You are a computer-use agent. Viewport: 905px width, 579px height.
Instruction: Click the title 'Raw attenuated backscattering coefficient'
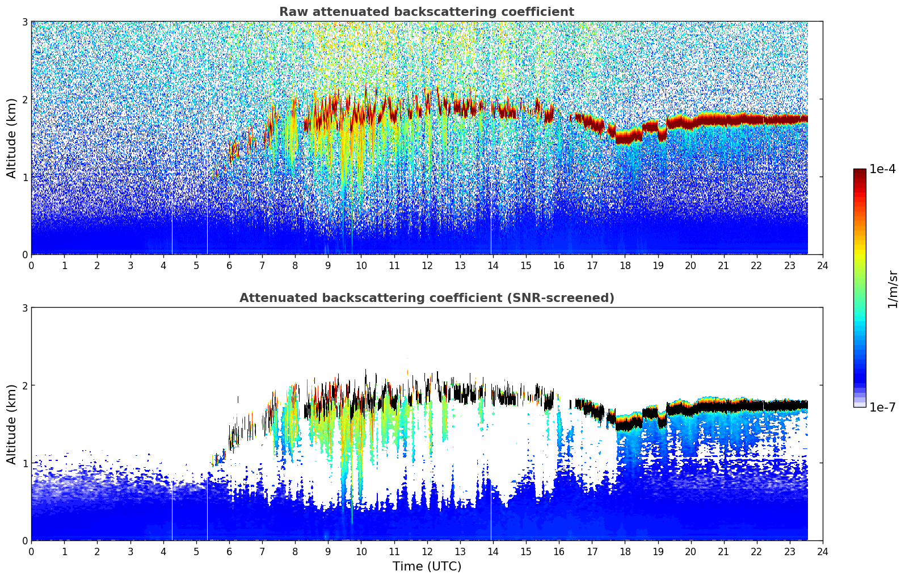pos(426,12)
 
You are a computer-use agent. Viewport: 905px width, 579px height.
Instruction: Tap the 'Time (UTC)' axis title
pos(427,566)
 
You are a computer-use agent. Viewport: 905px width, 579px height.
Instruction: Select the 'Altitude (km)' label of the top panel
pos(11,138)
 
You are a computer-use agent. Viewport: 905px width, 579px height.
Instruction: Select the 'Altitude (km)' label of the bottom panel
pos(11,424)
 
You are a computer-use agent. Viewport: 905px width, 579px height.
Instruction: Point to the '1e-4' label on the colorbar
pos(882,169)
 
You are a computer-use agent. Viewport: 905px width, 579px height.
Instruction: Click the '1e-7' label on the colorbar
pos(882,407)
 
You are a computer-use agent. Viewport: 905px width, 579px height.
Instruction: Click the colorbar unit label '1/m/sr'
pos(893,289)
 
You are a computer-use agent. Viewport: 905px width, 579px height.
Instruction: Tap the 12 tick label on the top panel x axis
pos(427,265)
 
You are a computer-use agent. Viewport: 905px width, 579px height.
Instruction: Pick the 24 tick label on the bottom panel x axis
pos(823,551)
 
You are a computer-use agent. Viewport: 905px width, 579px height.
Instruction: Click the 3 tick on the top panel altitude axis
pos(24,22)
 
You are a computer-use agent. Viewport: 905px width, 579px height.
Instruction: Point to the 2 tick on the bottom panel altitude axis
pos(24,385)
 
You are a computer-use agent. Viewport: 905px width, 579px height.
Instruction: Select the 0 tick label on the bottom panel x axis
pos(31,551)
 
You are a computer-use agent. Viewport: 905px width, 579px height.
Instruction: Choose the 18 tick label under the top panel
pos(625,265)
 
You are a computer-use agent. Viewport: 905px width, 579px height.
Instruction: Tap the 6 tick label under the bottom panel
pos(229,551)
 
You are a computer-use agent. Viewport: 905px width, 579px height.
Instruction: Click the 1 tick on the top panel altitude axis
pos(24,177)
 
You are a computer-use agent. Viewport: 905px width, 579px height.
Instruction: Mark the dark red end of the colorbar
pos(859,172)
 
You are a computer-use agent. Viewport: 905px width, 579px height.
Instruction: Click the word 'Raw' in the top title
pos(290,12)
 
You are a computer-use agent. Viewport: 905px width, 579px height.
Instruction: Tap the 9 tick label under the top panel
pos(328,265)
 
